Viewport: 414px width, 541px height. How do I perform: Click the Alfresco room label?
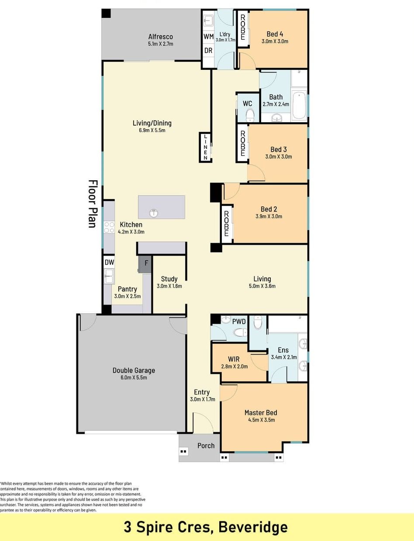pyautogui.click(x=160, y=37)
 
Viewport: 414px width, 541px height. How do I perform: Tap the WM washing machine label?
pyautogui.click(x=208, y=37)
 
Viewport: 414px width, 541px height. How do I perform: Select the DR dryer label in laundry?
pyautogui.click(x=208, y=51)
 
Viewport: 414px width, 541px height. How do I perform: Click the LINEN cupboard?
pyautogui.click(x=206, y=147)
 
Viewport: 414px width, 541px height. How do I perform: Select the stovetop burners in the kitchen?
pyautogui.click(x=109, y=227)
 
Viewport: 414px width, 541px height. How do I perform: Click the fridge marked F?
pyautogui.click(x=145, y=264)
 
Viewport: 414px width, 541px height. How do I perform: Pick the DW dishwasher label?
pyautogui.click(x=109, y=262)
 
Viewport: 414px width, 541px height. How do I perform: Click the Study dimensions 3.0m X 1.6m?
pyautogui.click(x=169, y=286)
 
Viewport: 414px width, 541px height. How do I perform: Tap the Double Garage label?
pyautogui.click(x=134, y=370)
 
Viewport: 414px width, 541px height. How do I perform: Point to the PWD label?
pyautogui.click(x=239, y=322)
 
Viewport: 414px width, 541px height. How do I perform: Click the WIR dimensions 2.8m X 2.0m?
pyautogui.click(x=235, y=366)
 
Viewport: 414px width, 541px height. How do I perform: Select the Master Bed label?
pyautogui.click(x=261, y=413)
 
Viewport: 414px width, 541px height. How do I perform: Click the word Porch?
pyautogui.click(x=206, y=445)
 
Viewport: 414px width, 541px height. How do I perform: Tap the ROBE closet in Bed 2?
pyautogui.click(x=226, y=224)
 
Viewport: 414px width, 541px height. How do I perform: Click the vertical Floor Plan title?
pyautogui.click(x=93, y=204)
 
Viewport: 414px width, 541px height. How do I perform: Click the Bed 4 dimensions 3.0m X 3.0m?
pyautogui.click(x=275, y=41)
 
